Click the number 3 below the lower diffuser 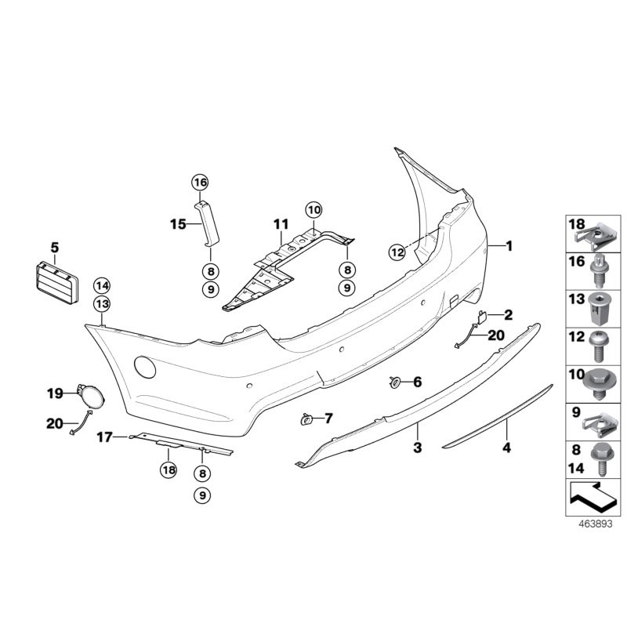click(418, 448)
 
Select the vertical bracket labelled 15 click(209, 222)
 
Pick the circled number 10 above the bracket click(313, 209)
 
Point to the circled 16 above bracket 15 click(200, 183)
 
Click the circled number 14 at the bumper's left click(103, 285)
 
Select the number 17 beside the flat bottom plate click(105, 437)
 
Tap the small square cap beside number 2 click(483, 316)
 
